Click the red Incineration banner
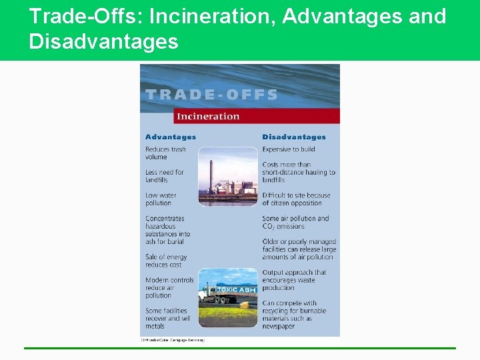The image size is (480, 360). (257, 116)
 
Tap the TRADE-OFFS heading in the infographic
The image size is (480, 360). (211, 95)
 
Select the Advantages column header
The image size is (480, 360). (171, 137)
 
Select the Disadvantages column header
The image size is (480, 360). (294, 137)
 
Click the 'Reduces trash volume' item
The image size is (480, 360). (165, 153)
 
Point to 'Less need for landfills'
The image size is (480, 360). (165, 176)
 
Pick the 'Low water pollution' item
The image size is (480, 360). (160, 199)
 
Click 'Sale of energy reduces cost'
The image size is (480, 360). (166, 261)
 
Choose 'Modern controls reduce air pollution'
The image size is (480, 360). (169, 288)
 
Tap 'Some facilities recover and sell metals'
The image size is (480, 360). (168, 319)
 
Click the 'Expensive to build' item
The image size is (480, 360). (289, 149)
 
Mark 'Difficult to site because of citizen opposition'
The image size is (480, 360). (296, 199)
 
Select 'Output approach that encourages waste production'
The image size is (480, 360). (294, 280)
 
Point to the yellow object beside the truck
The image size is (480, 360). (245, 305)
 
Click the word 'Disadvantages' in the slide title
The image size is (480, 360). (104, 42)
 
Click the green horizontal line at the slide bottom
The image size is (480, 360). (240, 348)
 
